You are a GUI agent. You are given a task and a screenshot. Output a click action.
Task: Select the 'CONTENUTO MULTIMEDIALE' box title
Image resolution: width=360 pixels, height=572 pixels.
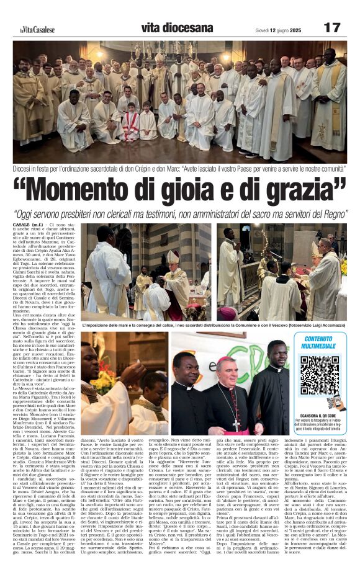pos(318,343)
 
